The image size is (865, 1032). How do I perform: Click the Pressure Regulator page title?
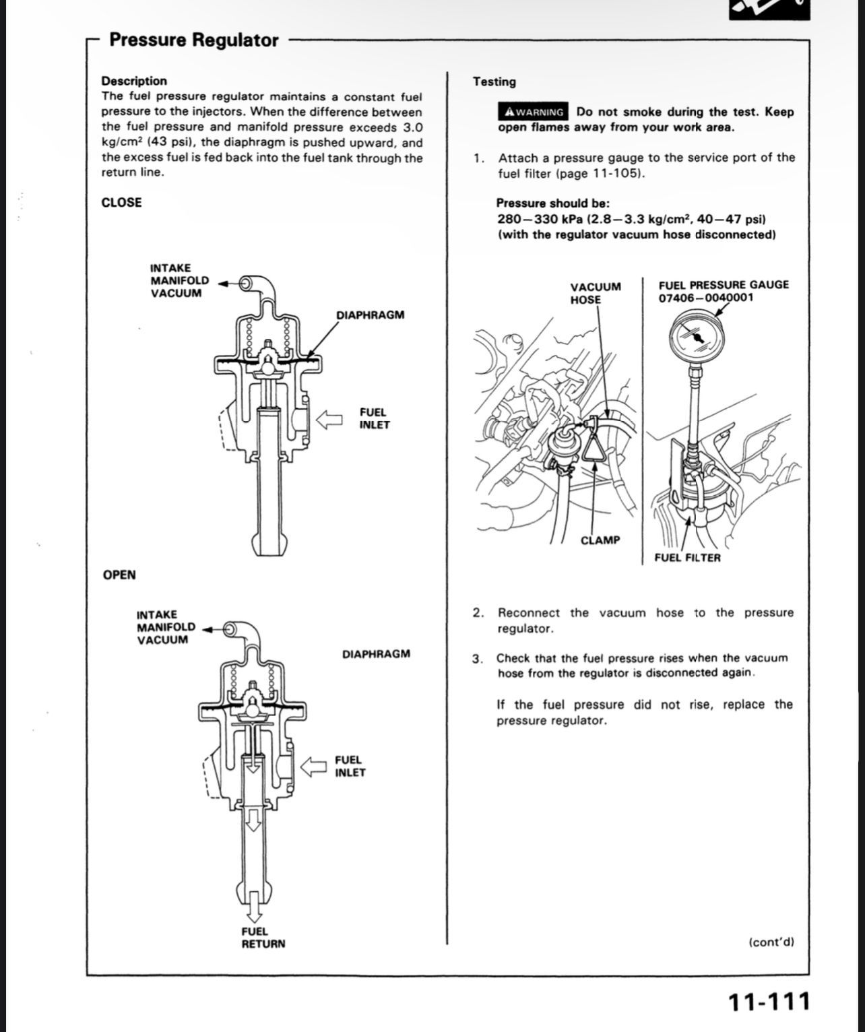tap(193, 40)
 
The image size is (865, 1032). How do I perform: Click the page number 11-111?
tap(768, 1002)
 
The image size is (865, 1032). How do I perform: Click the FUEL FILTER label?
tap(687, 558)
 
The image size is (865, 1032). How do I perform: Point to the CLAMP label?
tap(600, 540)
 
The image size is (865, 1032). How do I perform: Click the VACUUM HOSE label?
tap(596, 293)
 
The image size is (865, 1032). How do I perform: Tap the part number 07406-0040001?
tap(706, 298)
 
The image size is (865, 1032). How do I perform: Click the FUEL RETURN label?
tap(263, 938)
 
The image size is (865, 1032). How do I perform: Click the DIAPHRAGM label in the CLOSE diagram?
tap(371, 315)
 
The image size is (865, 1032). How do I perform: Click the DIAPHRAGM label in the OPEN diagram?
tap(376, 654)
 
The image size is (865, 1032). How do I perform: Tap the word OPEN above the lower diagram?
tap(119, 575)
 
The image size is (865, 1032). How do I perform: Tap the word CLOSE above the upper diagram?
tap(121, 203)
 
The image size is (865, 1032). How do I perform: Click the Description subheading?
tap(134, 81)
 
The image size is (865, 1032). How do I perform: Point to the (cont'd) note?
tap(771, 942)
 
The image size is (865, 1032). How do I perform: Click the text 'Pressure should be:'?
tap(552, 203)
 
